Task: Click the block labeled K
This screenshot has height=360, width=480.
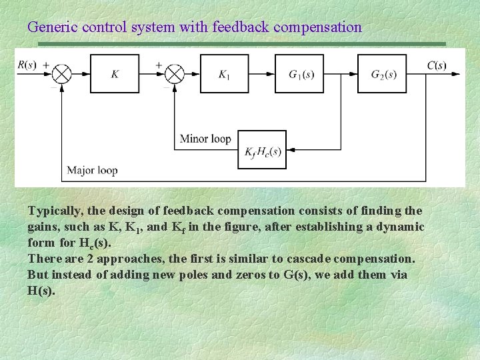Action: [115, 74]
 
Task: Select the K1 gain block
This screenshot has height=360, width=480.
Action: [224, 74]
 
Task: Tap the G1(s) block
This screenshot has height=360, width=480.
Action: [301, 74]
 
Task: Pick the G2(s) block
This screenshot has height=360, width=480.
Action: [383, 74]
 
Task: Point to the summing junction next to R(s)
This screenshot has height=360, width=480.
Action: [63, 74]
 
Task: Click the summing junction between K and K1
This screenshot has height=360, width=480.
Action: [175, 74]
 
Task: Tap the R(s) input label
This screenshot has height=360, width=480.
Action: [28, 65]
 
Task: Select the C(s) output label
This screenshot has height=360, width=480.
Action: [437, 65]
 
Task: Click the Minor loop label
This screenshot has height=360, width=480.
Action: [205, 139]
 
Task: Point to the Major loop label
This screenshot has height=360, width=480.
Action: [92, 171]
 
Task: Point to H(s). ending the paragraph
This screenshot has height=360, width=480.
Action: [41, 291]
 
